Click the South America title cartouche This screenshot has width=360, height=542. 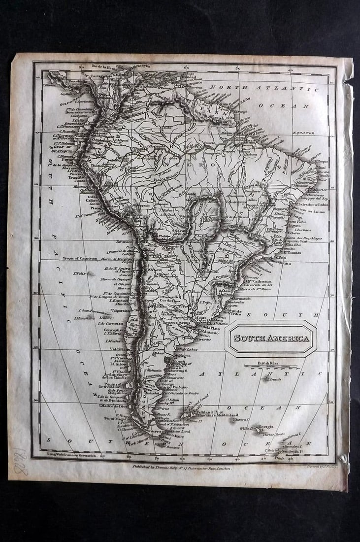(271, 339)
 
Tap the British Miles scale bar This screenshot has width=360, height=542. (271, 366)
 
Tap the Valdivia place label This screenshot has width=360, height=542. (119, 349)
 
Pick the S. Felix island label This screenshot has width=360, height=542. (81, 273)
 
